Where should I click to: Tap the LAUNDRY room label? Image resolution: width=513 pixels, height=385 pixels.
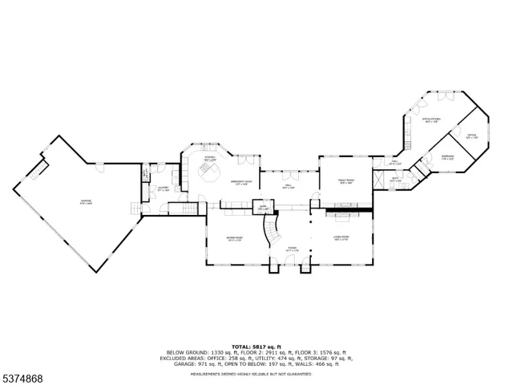point(163,190)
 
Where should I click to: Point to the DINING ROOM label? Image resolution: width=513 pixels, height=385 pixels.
point(234,238)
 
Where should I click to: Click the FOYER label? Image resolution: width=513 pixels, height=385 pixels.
point(293,249)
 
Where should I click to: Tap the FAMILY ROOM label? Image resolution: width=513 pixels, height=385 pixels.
point(345,181)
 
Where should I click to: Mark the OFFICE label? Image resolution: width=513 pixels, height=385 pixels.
point(472,136)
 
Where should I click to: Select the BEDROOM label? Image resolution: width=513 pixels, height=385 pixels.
point(447,159)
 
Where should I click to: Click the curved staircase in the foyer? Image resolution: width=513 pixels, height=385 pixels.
point(275,231)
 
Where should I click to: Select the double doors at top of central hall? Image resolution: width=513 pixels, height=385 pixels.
point(288,171)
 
